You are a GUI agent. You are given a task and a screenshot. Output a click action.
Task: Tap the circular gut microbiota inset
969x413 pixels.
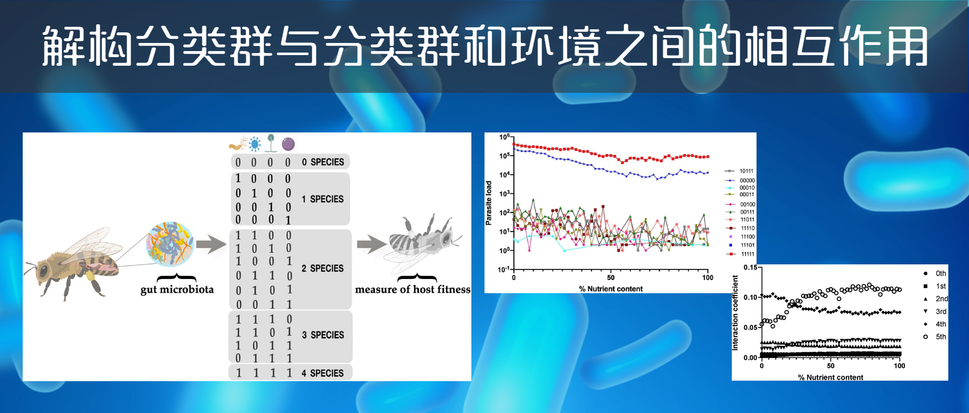point(170,244)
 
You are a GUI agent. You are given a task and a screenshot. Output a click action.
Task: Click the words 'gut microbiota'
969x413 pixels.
point(177,290)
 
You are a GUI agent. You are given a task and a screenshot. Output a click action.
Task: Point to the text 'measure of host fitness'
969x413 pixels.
point(412,290)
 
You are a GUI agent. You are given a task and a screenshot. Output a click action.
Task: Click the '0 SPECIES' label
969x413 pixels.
point(323,162)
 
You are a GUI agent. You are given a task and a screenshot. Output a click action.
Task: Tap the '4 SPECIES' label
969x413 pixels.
point(322,374)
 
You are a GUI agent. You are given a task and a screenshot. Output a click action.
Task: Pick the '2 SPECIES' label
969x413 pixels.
point(322,268)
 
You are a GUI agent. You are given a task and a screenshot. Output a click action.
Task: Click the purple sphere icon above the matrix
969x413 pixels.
point(288,144)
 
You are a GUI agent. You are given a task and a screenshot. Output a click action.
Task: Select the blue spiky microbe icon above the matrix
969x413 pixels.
point(255,144)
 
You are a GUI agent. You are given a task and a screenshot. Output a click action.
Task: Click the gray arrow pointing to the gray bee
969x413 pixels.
point(371,244)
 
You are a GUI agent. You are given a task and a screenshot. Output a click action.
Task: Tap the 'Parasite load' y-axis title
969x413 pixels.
point(489,203)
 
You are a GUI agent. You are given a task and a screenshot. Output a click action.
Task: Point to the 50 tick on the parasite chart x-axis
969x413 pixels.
point(611,278)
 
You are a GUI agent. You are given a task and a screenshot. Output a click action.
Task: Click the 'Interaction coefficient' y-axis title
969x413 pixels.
point(735,313)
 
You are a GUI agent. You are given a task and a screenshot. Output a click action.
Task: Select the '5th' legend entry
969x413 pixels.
point(935,337)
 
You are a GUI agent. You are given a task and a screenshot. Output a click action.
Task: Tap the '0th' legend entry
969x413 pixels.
point(935,273)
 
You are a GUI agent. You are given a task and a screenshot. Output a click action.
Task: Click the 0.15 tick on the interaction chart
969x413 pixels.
point(750,267)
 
